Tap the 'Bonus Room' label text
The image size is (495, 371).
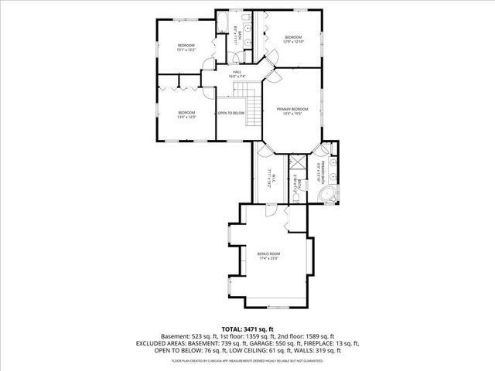(268, 253)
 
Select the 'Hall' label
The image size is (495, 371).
(237, 71)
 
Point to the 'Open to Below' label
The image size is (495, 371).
(230, 114)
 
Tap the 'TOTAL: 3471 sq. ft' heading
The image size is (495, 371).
(247, 328)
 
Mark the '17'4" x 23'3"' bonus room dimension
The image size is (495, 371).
(268, 258)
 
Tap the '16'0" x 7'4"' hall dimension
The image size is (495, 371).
(237, 77)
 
